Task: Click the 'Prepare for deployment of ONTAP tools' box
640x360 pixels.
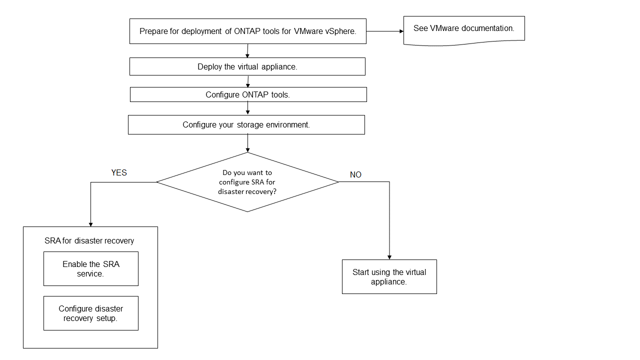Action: click(x=247, y=31)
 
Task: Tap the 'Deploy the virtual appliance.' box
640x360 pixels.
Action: click(x=247, y=66)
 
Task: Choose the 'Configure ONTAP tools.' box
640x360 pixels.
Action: click(x=248, y=94)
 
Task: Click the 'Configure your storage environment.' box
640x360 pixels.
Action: click(x=246, y=124)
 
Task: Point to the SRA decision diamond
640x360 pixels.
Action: click(x=247, y=182)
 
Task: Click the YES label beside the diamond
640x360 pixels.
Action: click(x=119, y=173)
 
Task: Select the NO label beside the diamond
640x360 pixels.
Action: click(x=355, y=175)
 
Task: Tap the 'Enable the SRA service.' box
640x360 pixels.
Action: click(x=90, y=269)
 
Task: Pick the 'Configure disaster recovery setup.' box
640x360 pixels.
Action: click(x=90, y=313)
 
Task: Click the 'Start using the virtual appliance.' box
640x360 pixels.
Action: click(x=389, y=276)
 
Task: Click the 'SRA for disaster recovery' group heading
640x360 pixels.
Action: click(x=89, y=241)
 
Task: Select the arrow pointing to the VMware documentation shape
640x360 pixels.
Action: click(x=385, y=31)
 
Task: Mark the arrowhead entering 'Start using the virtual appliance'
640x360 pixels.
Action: click(x=389, y=256)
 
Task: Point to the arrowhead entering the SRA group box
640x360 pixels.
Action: click(x=90, y=223)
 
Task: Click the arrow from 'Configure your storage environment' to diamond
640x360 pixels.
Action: click(x=247, y=143)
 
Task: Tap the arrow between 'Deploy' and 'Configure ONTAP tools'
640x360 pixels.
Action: click(x=248, y=81)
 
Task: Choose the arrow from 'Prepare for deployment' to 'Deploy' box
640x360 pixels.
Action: click(x=247, y=50)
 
